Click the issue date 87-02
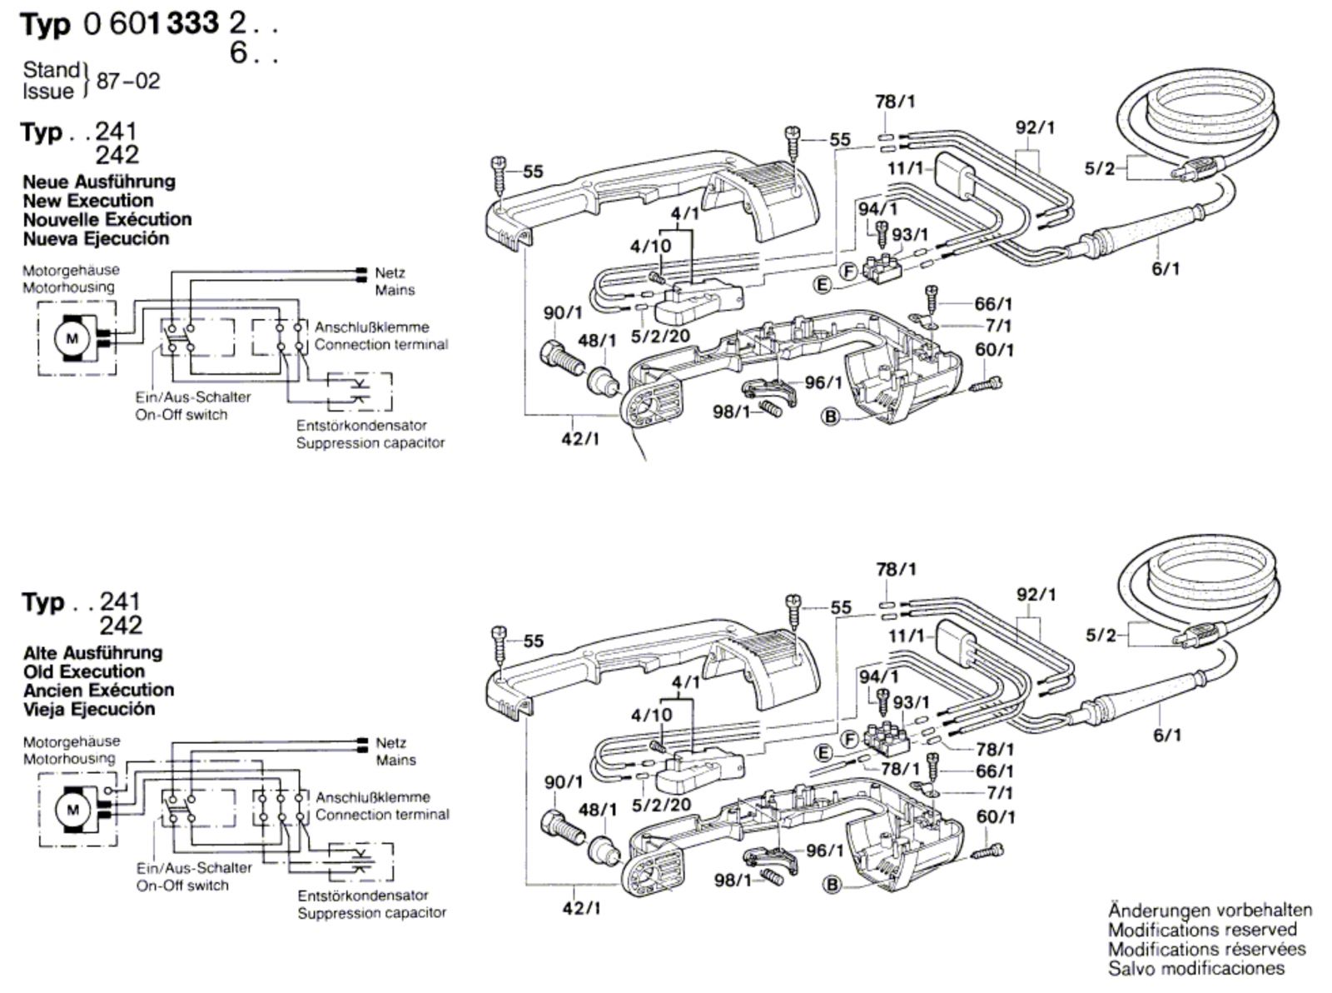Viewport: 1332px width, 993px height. [128, 81]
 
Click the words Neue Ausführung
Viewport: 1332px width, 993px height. [99, 182]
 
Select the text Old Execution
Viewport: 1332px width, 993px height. [84, 671]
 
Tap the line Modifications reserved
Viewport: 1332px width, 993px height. [1202, 930]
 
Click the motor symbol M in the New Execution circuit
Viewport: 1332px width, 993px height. [72, 338]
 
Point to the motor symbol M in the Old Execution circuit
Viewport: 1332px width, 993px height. [73, 810]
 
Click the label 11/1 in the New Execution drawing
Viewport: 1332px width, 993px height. [905, 167]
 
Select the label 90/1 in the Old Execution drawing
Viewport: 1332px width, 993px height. [563, 782]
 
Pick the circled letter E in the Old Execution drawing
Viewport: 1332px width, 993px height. [823, 753]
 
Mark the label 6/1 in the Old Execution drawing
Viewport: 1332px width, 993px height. [1167, 735]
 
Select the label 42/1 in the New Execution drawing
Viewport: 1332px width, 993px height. [580, 439]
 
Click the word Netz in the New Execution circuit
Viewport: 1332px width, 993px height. [390, 273]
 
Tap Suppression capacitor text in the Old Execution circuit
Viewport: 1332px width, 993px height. [372, 913]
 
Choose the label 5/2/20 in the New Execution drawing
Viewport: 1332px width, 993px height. [661, 336]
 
